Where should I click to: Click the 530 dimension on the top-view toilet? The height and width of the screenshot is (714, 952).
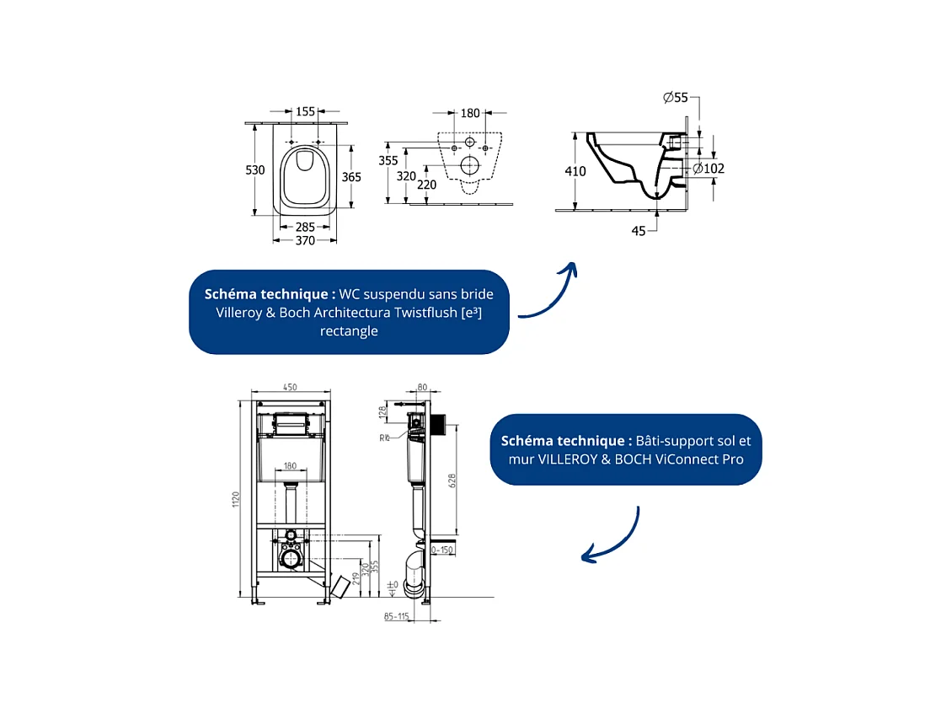(x=255, y=169)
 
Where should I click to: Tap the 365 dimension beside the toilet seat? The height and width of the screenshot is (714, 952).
(x=351, y=177)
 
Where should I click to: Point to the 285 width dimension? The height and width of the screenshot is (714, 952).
(x=305, y=227)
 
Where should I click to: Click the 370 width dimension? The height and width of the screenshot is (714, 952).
(x=305, y=241)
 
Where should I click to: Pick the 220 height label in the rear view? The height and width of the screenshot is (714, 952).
(x=428, y=185)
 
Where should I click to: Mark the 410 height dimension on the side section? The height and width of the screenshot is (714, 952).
(x=575, y=171)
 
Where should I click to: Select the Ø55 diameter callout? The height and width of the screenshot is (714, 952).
(x=676, y=98)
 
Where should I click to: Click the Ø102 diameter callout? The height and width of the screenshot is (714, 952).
(x=709, y=169)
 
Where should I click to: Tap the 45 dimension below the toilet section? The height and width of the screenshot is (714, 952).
(x=639, y=230)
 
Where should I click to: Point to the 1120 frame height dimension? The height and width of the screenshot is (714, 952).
(x=237, y=499)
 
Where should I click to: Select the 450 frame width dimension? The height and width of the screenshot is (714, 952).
(x=290, y=388)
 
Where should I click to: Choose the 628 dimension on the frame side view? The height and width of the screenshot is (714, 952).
(x=452, y=480)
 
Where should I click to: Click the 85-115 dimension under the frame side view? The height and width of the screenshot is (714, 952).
(x=395, y=617)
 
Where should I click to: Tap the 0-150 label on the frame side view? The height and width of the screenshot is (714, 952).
(x=443, y=550)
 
